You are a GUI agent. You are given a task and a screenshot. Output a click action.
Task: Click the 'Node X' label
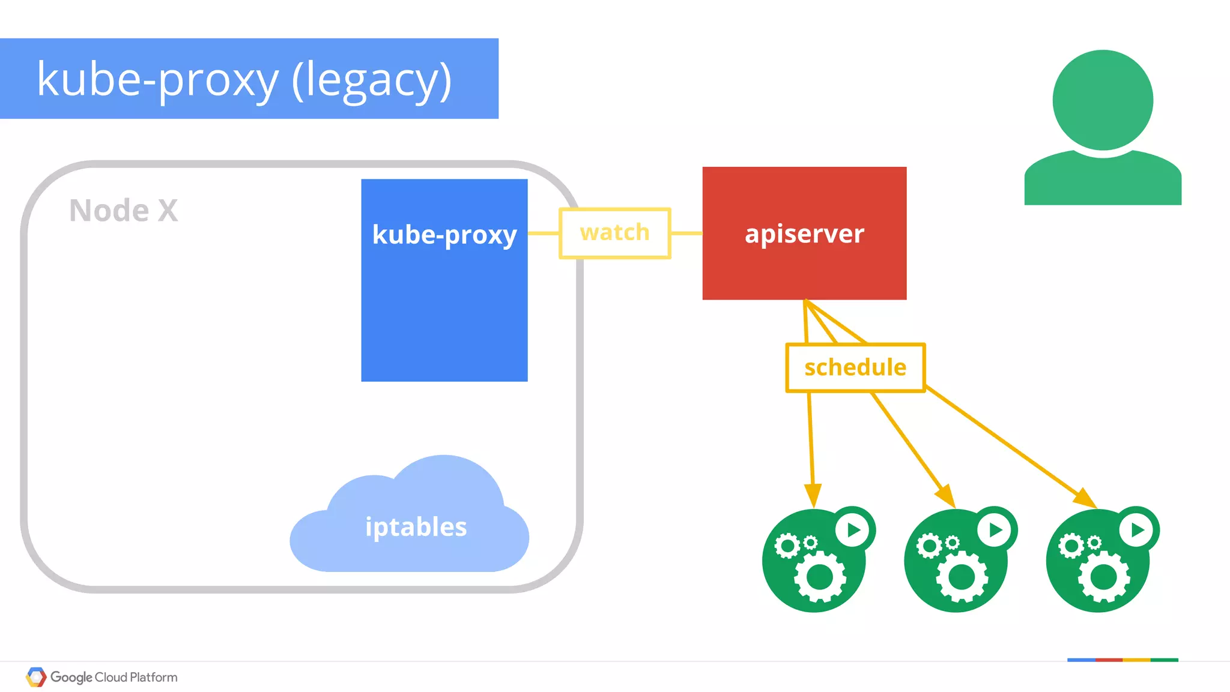click(x=124, y=211)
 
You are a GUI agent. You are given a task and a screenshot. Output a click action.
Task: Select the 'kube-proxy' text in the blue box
click(x=444, y=235)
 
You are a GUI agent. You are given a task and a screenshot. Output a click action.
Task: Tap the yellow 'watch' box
click(x=614, y=233)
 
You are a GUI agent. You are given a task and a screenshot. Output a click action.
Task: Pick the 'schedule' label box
click(x=855, y=367)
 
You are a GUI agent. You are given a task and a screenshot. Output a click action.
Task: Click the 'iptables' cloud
click(x=416, y=527)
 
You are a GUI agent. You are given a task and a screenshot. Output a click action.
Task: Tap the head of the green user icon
click(x=1103, y=100)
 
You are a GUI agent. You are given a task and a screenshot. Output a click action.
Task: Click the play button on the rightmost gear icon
click(x=1137, y=530)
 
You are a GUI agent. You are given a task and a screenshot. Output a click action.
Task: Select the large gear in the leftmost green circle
click(x=820, y=577)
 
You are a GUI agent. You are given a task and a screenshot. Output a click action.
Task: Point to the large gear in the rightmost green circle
click(x=1104, y=577)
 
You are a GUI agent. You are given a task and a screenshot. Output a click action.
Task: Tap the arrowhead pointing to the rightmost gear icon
click(x=1085, y=498)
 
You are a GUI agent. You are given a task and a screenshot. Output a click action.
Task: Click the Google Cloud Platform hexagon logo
click(x=36, y=677)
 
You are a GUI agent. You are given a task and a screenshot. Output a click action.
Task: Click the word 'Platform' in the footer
click(x=154, y=677)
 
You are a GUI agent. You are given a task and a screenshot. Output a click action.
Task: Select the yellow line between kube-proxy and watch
click(x=544, y=233)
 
